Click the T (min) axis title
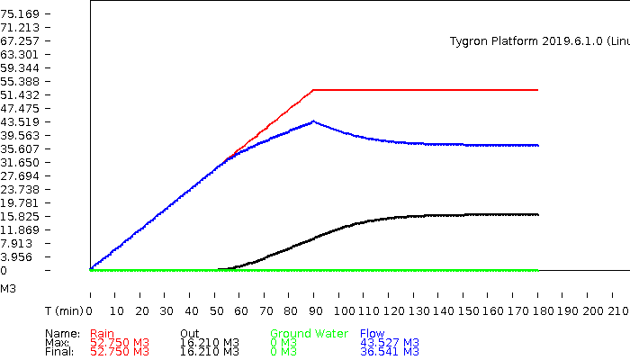point(64,310)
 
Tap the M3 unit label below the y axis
point(8,290)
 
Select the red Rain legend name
point(103,334)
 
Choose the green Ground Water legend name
point(309,334)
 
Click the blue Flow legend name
point(372,334)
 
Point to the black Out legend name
point(189,334)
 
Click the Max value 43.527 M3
point(390,343)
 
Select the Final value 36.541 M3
point(390,352)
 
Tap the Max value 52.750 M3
point(120,343)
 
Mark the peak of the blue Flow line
point(313,121)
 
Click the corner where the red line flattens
point(313,90)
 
